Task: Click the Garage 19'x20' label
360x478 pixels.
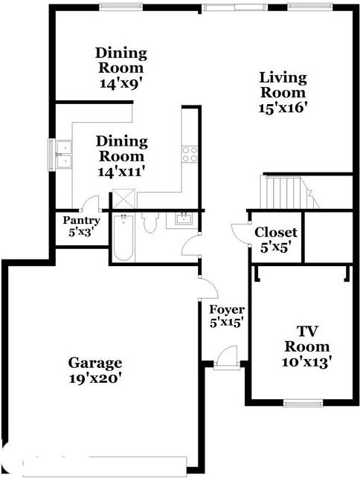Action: point(95,370)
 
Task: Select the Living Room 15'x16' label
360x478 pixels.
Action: point(283,92)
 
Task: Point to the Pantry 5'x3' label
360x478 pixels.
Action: point(81,226)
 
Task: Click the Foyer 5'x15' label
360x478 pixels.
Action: point(226,316)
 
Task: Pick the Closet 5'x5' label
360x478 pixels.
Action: point(276,240)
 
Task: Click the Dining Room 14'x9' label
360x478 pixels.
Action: point(121,68)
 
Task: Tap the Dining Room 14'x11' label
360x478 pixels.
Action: point(121,156)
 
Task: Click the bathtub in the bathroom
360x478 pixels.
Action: point(123,237)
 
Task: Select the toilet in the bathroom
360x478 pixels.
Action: point(150,222)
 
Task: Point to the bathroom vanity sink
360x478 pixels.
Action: point(184,219)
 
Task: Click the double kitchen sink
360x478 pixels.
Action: point(63,155)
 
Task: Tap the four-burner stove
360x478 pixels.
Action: point(190,154)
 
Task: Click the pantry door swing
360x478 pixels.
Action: point(90,202)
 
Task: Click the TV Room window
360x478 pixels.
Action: point(303,404)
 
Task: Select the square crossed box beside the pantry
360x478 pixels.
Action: point(123,198)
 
